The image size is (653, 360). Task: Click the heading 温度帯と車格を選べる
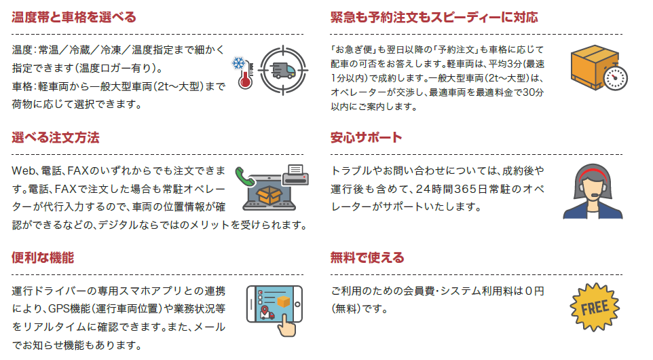click(74, 17)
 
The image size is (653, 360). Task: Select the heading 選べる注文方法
click(56, 138)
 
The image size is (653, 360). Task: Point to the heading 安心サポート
click(366, 138)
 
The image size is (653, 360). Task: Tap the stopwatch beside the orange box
click(615, 76)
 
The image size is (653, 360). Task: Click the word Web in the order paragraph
click(24, 170)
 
